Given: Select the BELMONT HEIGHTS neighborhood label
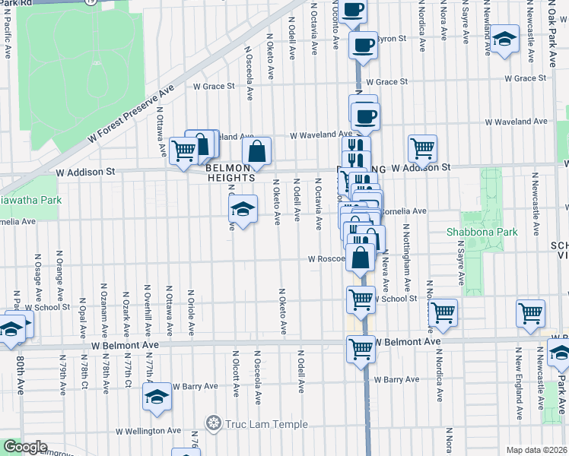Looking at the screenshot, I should [228, 172].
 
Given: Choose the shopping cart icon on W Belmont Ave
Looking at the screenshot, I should [361, 350].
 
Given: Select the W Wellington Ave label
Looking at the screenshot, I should [148, 431].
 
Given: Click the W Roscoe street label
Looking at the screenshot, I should [327, 258].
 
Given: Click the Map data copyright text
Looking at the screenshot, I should [536, 450].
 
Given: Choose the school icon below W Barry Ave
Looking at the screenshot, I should [157, 398].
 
